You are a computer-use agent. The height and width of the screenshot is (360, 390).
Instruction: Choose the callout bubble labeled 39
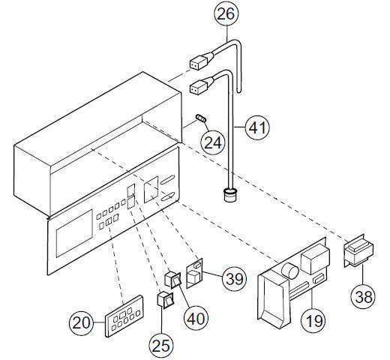[235, 279]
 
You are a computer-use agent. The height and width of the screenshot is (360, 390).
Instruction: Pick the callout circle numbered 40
[196, 317]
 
